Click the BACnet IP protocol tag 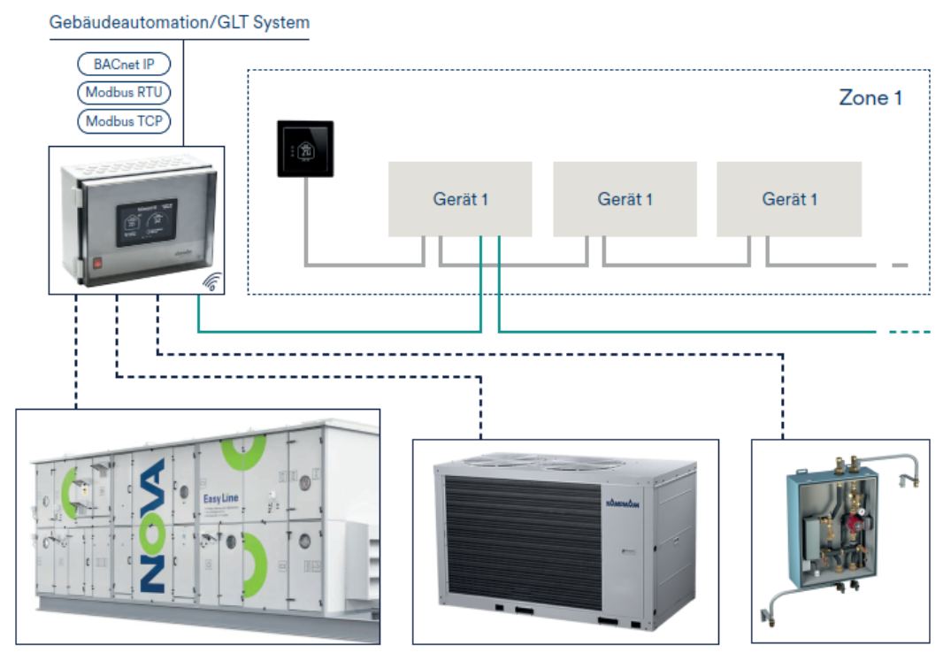tap(124, 65)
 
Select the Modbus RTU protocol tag tap(124, 92)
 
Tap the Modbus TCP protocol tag tap(124, 120)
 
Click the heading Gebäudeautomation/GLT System tap(180, 21)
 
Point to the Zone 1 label tap(870, 97)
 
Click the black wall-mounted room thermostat tap(305, 149)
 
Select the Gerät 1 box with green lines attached tap(460, 199)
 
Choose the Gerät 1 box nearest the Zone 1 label tap(789, 199)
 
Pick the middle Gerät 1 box tap(625, 199)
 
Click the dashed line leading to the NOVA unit tap(76, 354)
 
